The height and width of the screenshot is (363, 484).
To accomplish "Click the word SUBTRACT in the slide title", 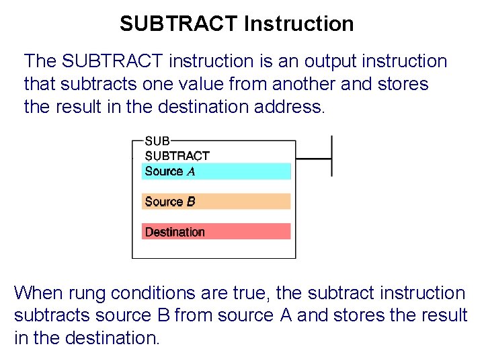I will [x=179, y=24].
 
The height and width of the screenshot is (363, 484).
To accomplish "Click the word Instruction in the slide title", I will [x=299, y=24].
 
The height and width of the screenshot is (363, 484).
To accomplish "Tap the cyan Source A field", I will [x=216, y=171].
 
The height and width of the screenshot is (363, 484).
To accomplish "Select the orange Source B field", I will [x=216, y=201].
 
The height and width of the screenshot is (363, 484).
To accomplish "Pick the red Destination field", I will [x=216, y=231].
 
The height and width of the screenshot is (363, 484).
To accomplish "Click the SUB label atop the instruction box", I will [x=158, y=141].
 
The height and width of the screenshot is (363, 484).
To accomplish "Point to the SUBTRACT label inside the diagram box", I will [x=177, y=155].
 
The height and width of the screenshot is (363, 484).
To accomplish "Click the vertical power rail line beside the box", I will [x=332, y=156].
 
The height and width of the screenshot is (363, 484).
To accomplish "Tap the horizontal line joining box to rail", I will [x=313, y=159].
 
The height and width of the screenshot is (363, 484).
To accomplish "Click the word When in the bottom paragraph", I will [x=38, y=293].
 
